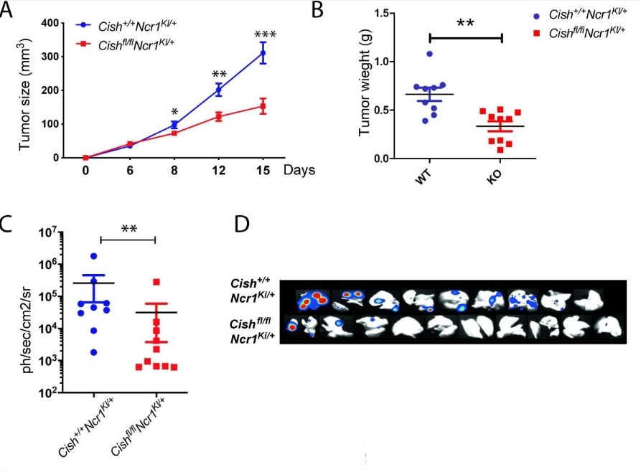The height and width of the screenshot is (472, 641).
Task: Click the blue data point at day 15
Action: click(x=263, y=53)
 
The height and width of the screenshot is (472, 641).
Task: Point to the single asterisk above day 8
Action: click(x=174, y=113)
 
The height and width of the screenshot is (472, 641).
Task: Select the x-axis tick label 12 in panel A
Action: click(x=219, y=171)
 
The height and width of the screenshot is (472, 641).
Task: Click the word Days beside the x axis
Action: click(x=298, y=171)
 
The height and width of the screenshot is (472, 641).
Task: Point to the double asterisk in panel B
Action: click(x=465, y=23)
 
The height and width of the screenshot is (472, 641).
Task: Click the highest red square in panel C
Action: click(x=156, y=282)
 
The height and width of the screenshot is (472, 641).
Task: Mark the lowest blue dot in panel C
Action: click(x=94, y=352)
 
